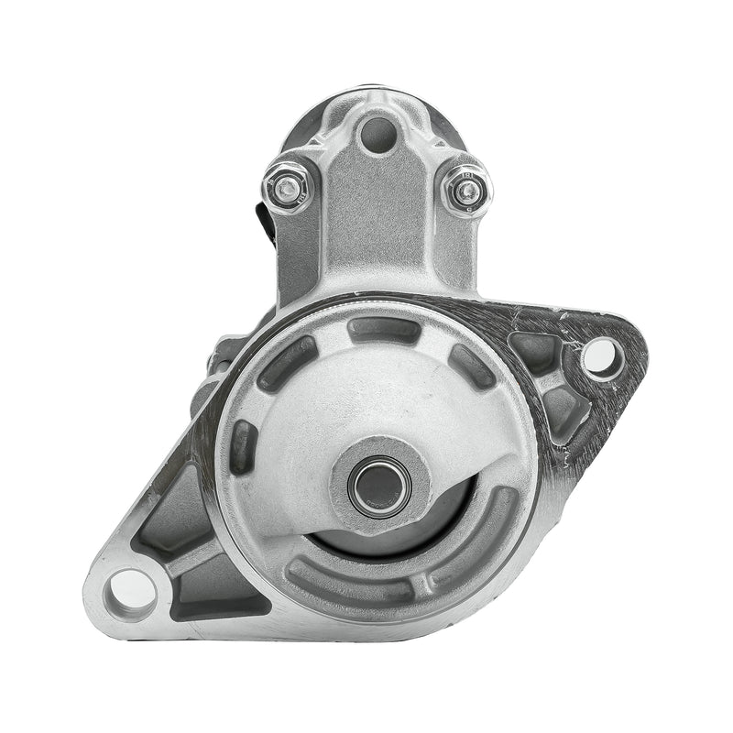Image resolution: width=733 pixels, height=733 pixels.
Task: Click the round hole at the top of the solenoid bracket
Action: pos(377,136)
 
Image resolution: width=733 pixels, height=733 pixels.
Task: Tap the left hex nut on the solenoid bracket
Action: pos(288,189)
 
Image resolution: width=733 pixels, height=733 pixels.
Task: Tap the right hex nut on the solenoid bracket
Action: pos(466,191)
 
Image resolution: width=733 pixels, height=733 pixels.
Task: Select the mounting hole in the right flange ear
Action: pos(602,357)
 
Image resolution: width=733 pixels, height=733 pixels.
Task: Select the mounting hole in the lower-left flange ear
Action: pos(130,589)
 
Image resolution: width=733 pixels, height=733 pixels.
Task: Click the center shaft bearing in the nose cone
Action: pos(378,485)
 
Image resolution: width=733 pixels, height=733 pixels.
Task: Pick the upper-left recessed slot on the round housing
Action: pos(287,364)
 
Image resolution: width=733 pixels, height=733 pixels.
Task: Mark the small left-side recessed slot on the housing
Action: pos(244,447)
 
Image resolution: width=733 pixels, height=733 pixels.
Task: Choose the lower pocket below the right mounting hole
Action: pos(561,410)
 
